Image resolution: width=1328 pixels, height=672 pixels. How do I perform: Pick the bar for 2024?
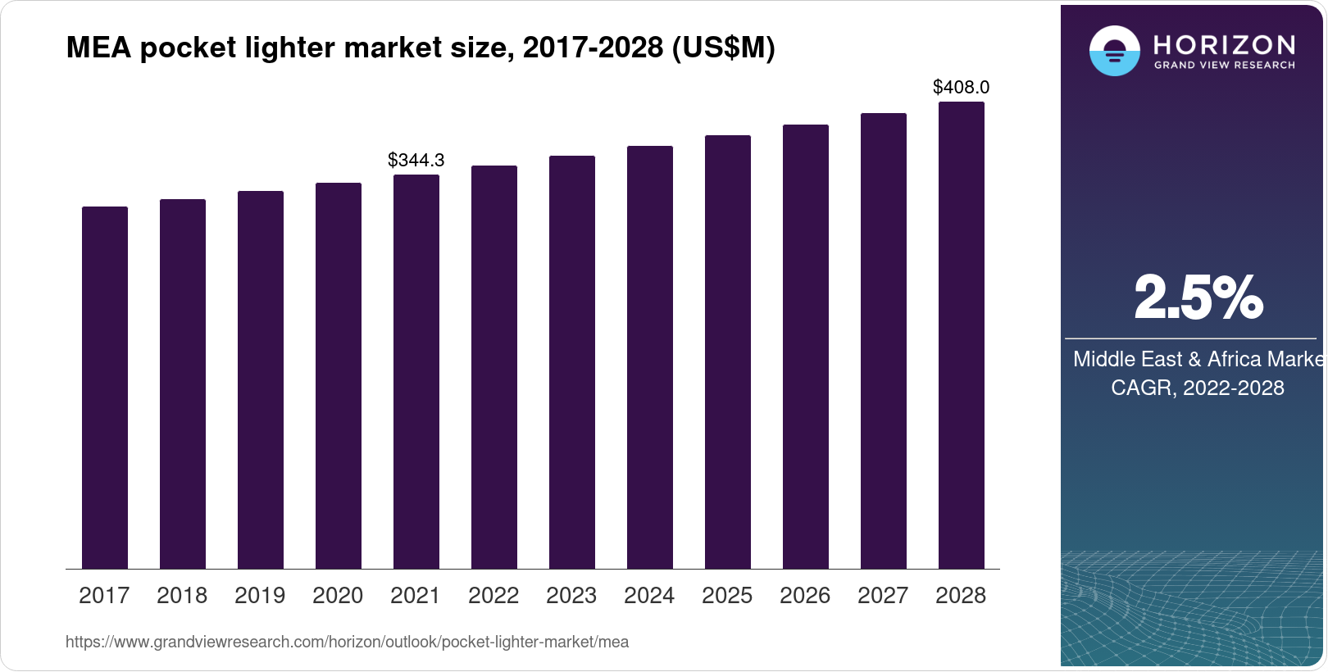coord(650,357)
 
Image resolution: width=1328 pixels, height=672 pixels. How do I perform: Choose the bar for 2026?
coord(806,347)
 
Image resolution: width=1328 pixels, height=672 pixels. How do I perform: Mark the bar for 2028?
coord(962,335)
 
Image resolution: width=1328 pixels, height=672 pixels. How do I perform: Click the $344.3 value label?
coord(416,160)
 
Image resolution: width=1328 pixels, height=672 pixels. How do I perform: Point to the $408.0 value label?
coord(962,87)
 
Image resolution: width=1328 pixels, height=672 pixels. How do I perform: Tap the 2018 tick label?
coord(182,596)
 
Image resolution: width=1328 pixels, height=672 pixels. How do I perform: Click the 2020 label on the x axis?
coord(338,596)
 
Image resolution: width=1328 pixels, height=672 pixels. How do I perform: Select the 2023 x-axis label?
coord(571,596)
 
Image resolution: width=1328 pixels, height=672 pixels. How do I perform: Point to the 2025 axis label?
coord(727,596)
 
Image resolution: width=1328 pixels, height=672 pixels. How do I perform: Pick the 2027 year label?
coord(883,596)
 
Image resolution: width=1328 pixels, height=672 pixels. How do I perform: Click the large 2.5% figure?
coord(1198,297)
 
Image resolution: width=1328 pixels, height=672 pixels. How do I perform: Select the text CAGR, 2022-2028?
coord(1198,388)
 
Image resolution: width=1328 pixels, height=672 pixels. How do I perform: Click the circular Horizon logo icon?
coord(1114,51)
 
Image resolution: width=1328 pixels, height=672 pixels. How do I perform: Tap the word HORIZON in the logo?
coord(1224,44)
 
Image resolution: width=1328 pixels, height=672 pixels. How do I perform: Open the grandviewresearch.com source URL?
coord(347,642)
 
